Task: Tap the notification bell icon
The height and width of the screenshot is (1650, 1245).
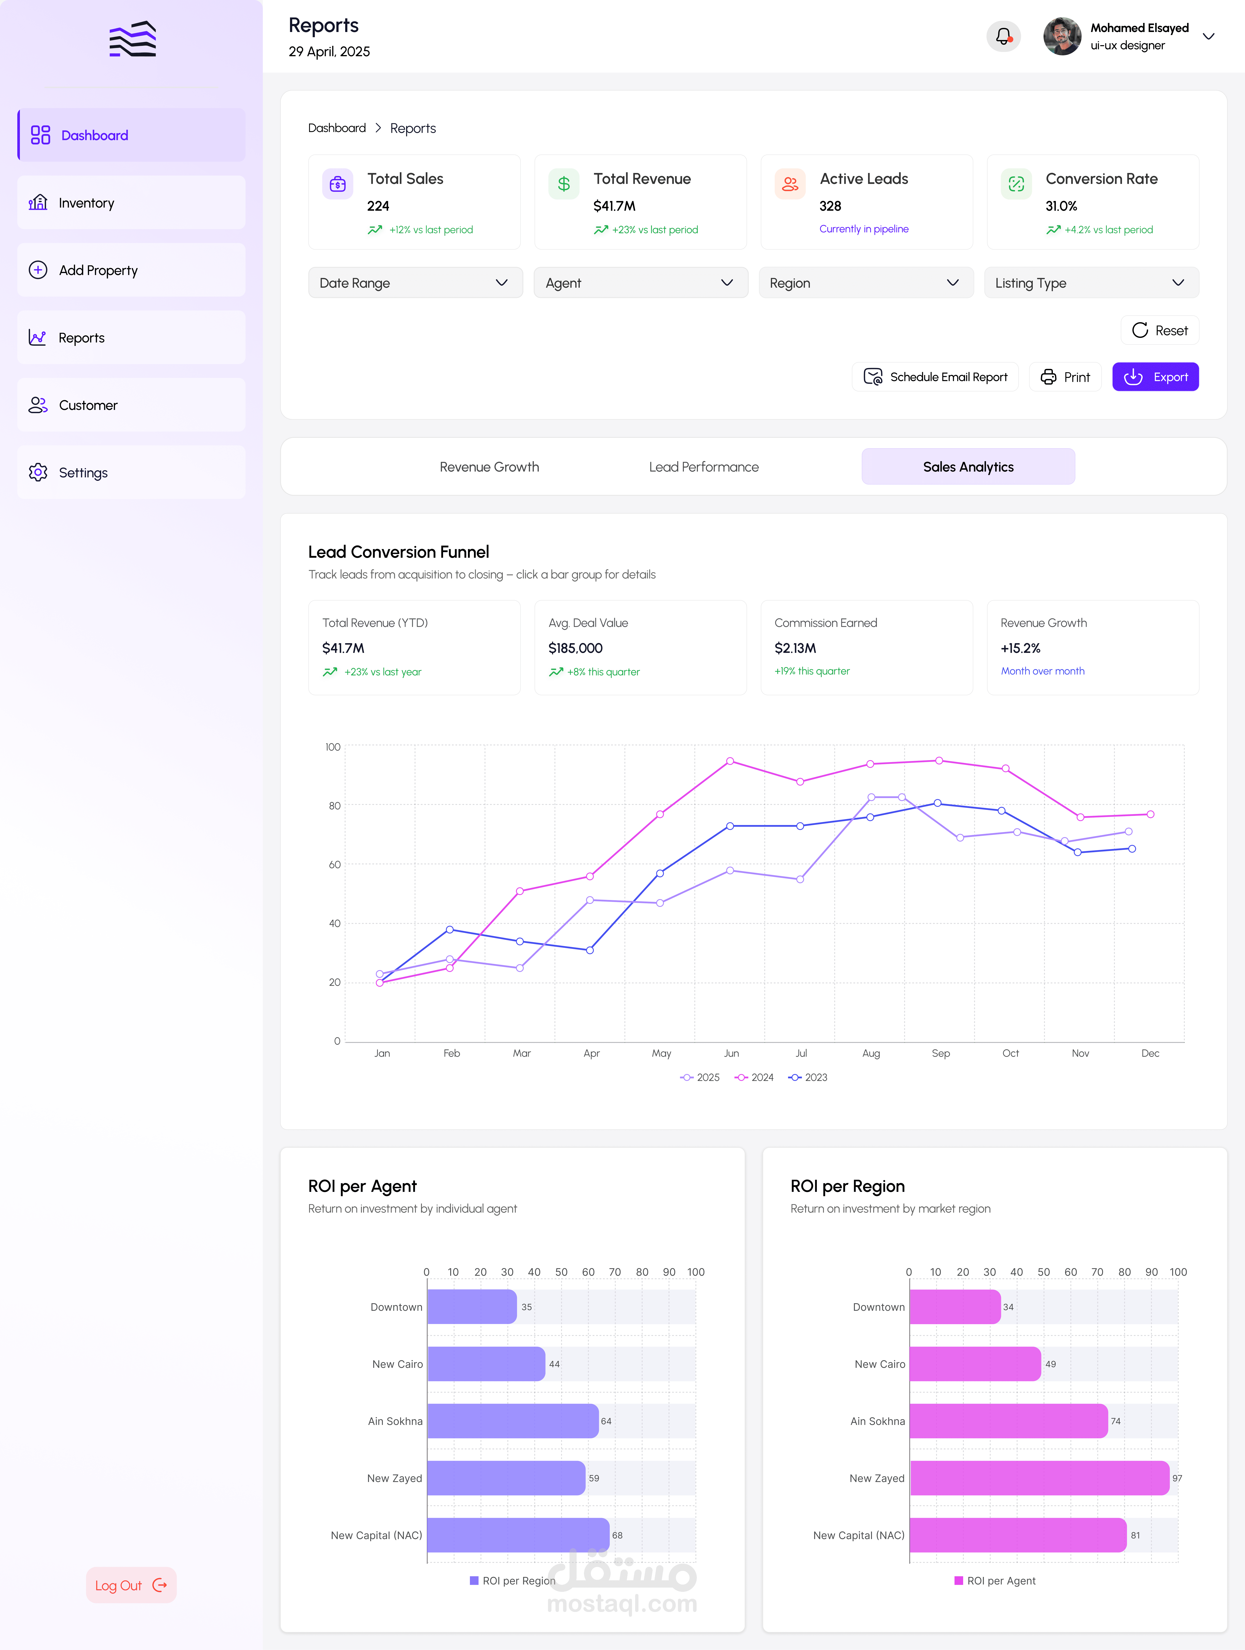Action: [1003, 36]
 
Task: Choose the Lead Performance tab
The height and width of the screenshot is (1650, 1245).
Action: [703, 467]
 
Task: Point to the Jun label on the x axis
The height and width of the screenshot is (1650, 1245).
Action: [731, 1053]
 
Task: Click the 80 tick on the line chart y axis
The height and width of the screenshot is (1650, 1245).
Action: [334, 806]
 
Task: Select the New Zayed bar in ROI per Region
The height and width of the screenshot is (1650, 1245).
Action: [1039, 1478]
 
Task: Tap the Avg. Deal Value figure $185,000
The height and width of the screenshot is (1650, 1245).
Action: [575, 648]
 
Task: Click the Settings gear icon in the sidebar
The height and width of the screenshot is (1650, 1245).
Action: [38, 472]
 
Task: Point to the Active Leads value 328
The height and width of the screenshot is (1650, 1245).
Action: [830, 206]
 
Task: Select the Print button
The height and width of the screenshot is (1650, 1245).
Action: [1065, 377]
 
